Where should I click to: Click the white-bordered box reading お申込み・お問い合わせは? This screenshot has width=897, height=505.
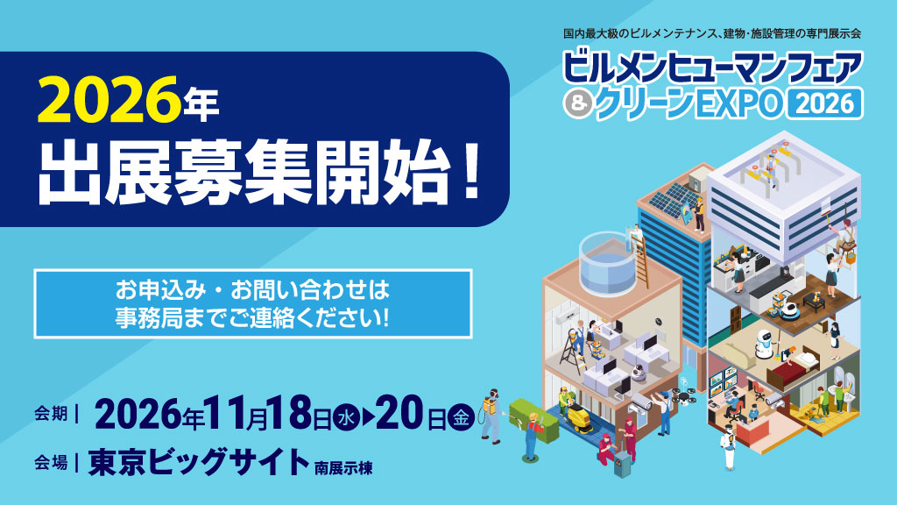(x=252, y=303)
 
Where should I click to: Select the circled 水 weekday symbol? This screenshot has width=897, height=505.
(x=349, y=416)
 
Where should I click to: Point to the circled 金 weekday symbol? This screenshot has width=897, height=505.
(x=460, y=416)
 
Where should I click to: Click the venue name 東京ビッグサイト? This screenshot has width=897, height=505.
(x=199, y=461)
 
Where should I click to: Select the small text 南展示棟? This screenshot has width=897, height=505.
(x=343, y=466)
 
